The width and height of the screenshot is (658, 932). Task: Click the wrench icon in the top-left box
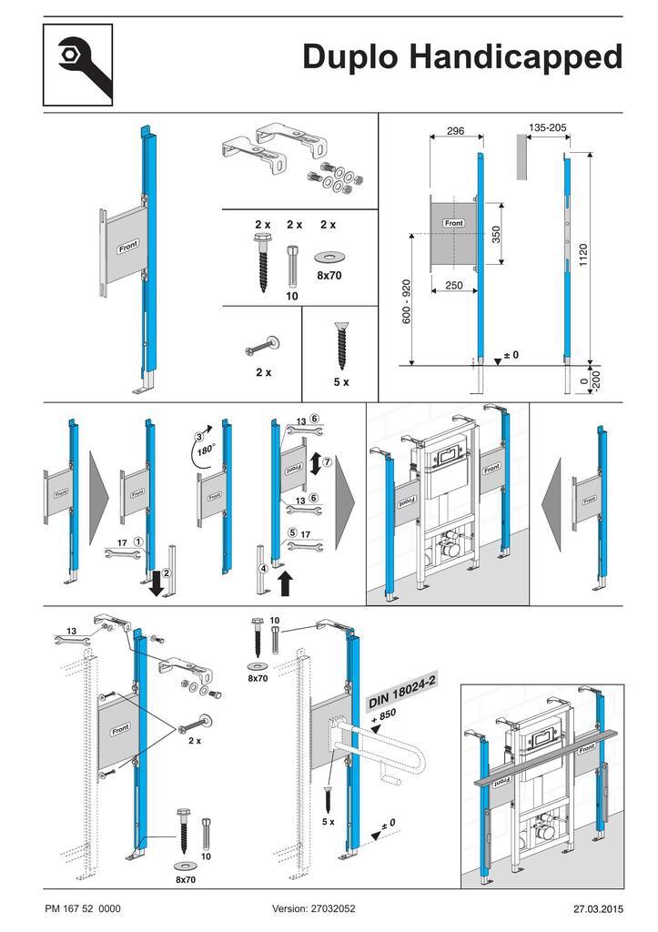(77, 65)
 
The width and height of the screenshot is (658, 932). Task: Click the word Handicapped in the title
(515, 57)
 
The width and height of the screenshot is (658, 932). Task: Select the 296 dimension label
(455, 131)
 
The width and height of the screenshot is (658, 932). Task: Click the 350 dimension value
(497, 235)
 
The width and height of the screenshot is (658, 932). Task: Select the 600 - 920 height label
(407, 301)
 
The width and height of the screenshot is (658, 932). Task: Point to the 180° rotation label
(210, 450)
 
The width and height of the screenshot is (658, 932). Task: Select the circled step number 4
(262, 569)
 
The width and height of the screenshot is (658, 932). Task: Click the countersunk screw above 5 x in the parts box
(340, 343)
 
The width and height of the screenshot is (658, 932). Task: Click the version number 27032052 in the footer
(314, 908)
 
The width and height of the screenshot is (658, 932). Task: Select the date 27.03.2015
(598, 908)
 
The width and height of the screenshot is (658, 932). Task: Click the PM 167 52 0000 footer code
(82, 908)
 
